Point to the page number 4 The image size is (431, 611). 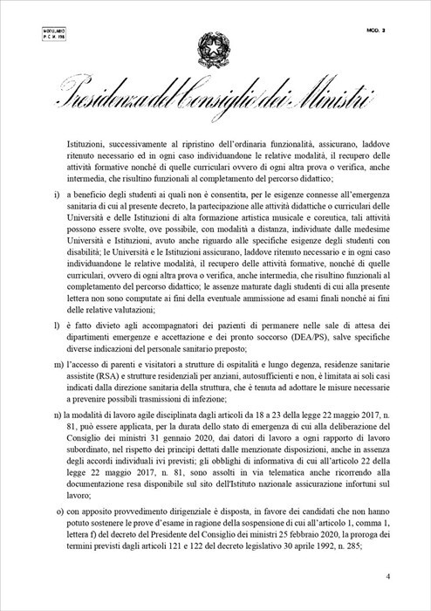tap(387, 577)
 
